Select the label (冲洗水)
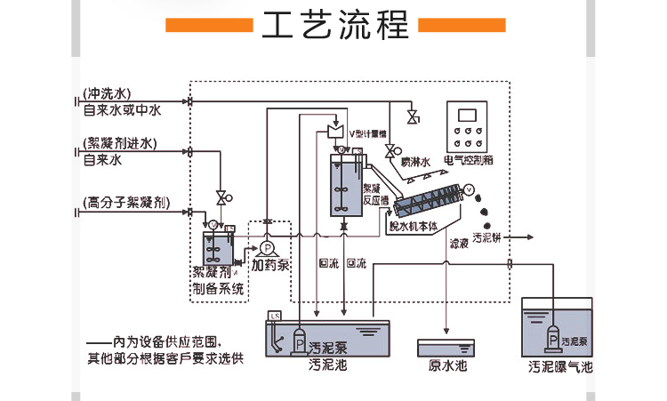point(107,92)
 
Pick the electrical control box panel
point(470,128)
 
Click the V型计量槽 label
point(366,135)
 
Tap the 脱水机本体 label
point(413,226)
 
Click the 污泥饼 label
point(486,238)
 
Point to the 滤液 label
point(459,243)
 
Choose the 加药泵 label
point(269,265)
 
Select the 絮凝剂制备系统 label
point(218,279)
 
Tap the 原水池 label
point(447,365)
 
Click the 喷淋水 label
point(414,163)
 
